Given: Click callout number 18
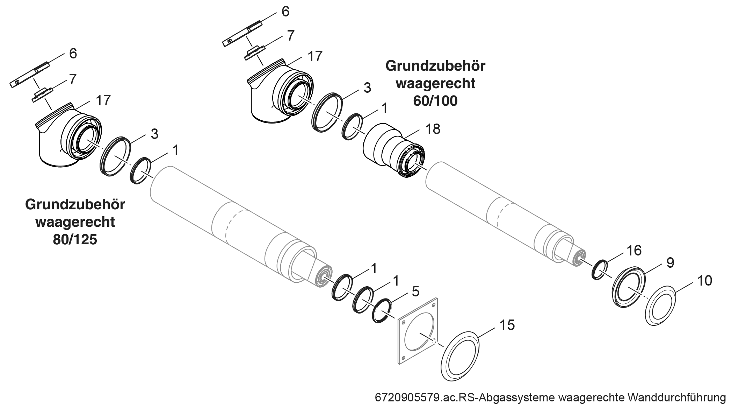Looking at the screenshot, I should [433, 129].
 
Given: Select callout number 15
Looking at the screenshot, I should [507, 325].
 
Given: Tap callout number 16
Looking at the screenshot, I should [634, 251].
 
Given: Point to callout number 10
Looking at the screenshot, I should [704, 281].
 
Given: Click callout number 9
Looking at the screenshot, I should [670, 263].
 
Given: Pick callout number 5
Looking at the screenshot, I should [415, 291].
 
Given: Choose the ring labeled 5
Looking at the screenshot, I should [381, 311].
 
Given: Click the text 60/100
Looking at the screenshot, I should [435, 101].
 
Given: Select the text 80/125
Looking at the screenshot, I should [75, 240].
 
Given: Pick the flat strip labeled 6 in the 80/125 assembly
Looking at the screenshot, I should [30, 75].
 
